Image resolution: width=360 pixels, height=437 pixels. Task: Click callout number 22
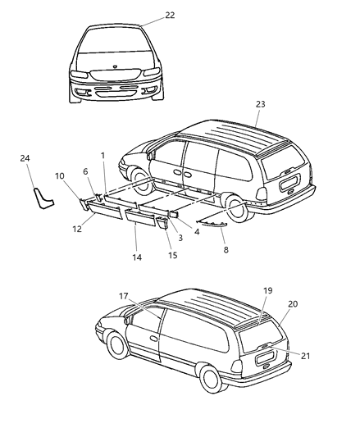coord(169,16)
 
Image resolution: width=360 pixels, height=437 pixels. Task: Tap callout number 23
coord(261,104)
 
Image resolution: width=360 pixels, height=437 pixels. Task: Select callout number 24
coord(25,158)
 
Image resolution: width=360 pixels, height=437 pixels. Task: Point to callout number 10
coord(60,175)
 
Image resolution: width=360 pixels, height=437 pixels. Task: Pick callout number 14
coord(137,257)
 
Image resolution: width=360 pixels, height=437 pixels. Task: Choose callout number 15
coord(172,255)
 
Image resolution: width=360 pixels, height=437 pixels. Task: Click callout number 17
coord(123,296)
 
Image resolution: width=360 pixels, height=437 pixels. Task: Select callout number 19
coord(267,313)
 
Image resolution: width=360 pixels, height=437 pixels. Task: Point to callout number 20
coord(293,304)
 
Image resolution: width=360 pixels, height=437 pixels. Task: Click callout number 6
coord(85,171)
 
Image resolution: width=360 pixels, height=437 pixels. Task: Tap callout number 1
coord(103,155)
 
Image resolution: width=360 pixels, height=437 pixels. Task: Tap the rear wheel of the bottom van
coord(212,379)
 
